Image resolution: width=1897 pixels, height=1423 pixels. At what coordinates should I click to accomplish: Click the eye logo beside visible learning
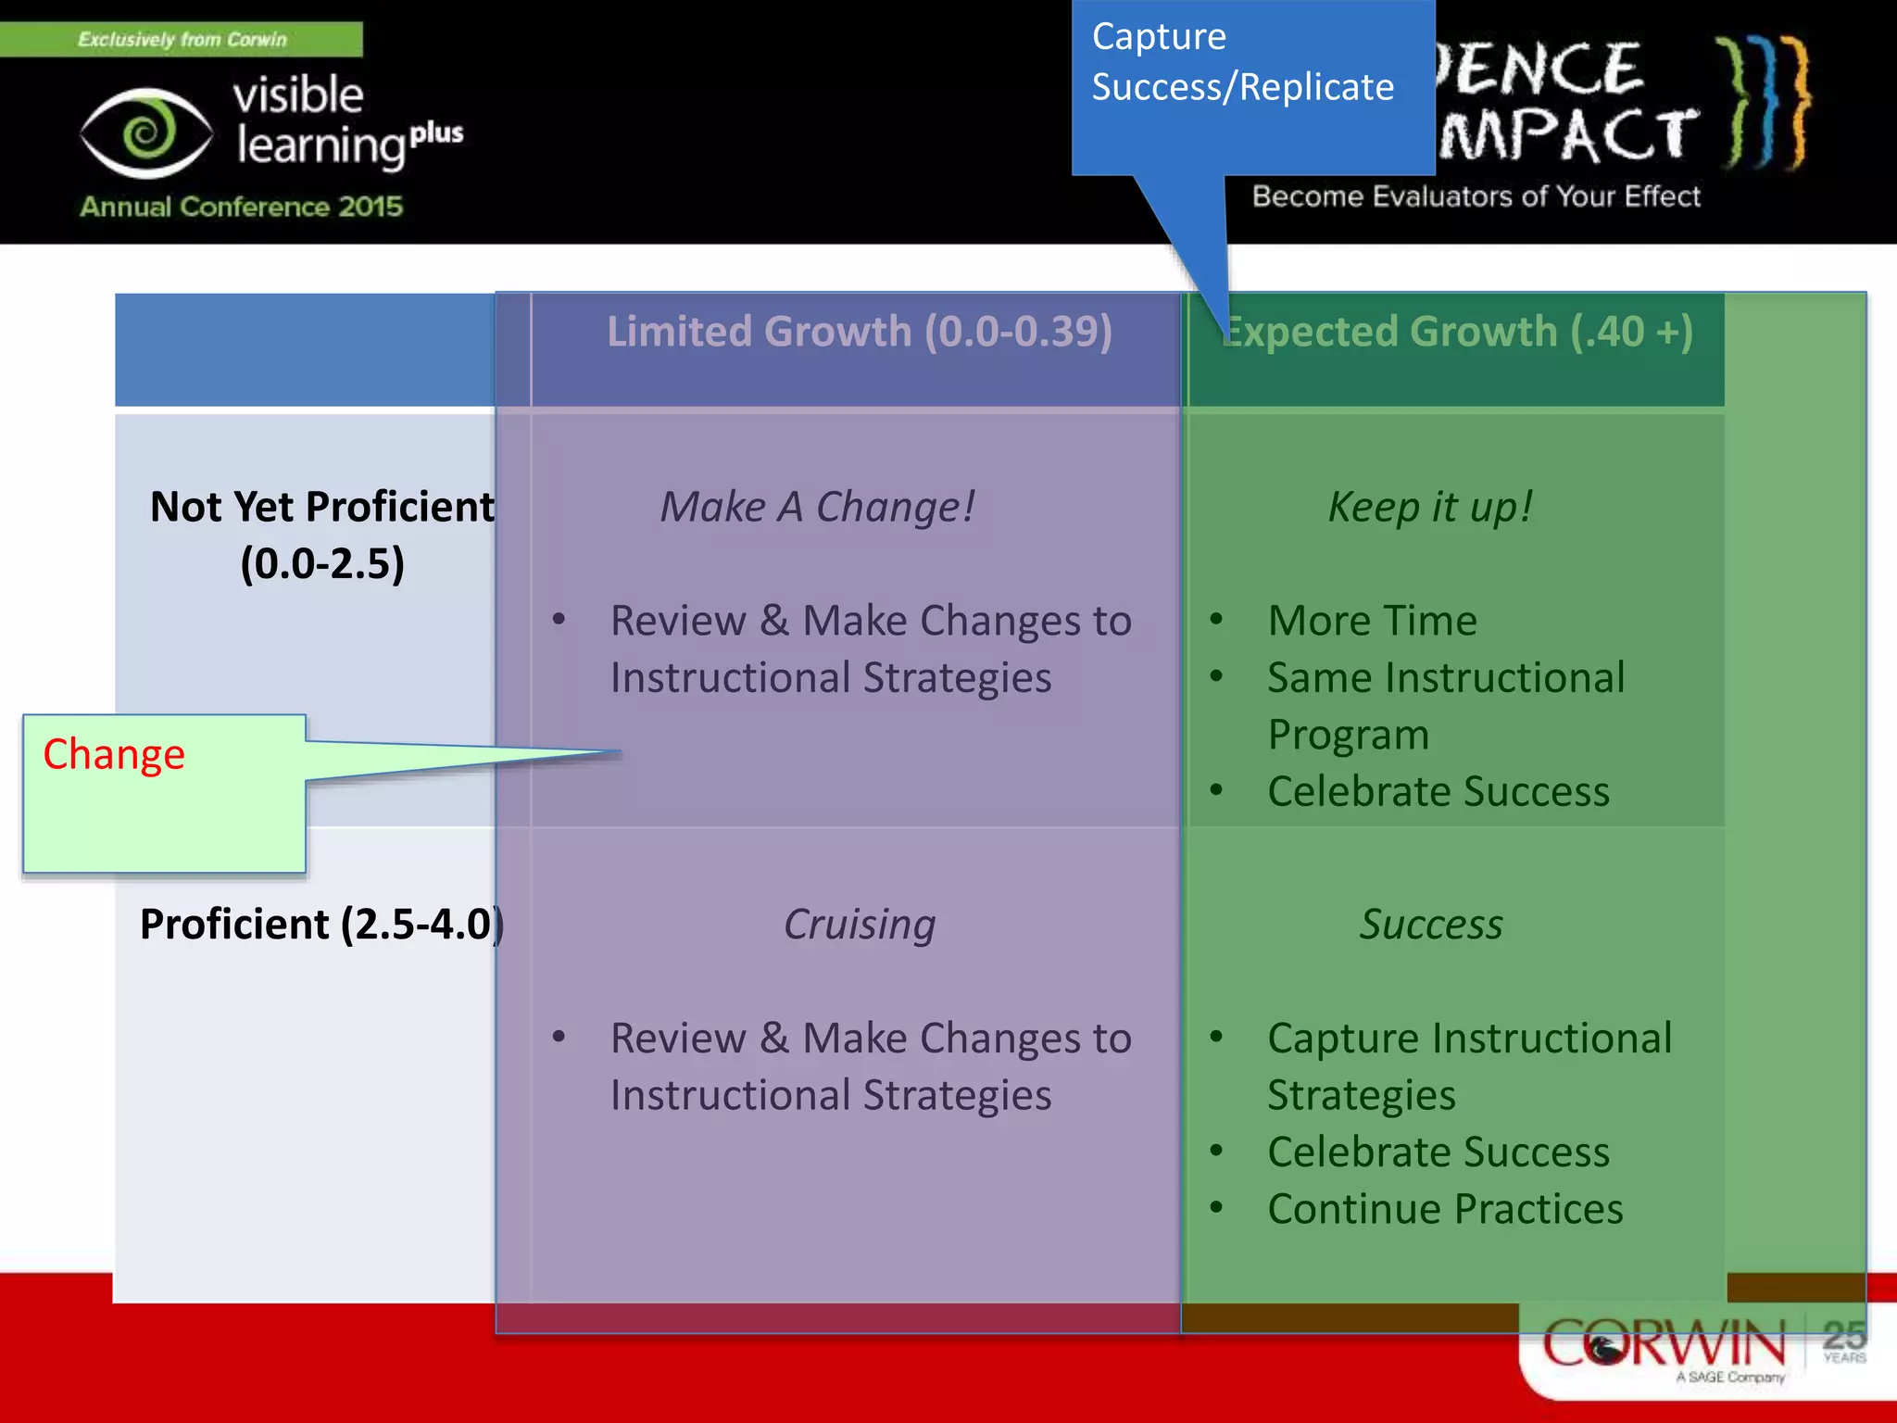pyautogui.click(x=146, y=132)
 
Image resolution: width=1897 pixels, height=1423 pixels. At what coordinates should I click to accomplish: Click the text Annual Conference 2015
pyautogui.click(x=241, y=206)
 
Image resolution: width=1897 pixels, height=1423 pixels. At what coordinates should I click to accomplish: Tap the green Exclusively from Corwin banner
pyautogui.click(x=182, y=39)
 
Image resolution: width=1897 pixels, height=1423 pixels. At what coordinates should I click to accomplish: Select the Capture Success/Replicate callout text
pyautogui.click(x=1241, y=62)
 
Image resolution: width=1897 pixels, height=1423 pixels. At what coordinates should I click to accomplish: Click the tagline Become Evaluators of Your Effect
pyautogui.click(x=1476, y=196)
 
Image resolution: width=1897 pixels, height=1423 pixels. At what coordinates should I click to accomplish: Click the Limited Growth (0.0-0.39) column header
pyautogui.click(x=859, y=332)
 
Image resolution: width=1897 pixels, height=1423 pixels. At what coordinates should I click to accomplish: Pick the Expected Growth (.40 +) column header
pyautogui.click(x=1457, y=332)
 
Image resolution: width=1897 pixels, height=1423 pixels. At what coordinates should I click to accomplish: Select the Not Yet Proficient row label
pyautogui.click(x=321, y=535)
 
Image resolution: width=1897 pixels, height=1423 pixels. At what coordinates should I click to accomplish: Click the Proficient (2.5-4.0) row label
pyautogui.click(x=320, y=924)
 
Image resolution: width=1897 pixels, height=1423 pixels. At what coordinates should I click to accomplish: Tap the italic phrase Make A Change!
pyautogui.click(x=817, y=507)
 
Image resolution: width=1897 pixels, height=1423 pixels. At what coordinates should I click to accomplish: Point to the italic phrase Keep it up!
pyautogui.click(x=1430, y=507)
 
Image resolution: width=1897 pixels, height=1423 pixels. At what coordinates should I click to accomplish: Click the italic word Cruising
pyautogui.click(x=859, y=924)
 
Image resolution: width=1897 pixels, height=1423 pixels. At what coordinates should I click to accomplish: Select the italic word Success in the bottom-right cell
pyautogui.click(x=1430, y=924)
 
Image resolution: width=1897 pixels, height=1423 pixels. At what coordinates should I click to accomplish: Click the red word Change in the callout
pyautogui.click(x=114, y=754)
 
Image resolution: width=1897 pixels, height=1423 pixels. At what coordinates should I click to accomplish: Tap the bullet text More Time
pyautogui.click(x=1372, y=620)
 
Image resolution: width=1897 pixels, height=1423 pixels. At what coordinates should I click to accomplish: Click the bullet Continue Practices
pyautogui.click(x=1445, y=1208)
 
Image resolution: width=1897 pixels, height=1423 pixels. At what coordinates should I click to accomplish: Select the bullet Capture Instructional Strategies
pyautogui.click(x=1468, y=1065)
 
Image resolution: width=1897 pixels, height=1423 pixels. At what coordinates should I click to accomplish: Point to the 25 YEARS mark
pyautogui.click(x=1843, y=1341)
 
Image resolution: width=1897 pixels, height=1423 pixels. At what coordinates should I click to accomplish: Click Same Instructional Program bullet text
pyautogui.click(x=1445, y=705)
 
